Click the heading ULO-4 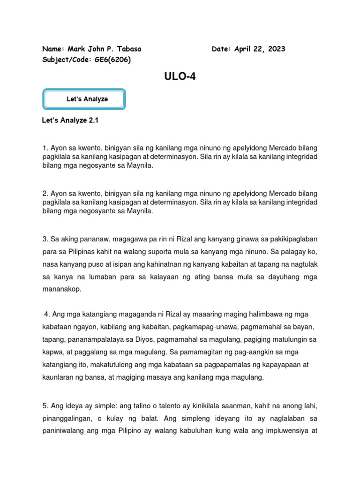[180, 77]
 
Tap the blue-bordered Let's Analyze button [84, 99]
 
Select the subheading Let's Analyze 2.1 [70, 120]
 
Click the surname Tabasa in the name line [127, 49]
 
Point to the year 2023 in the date [276, 49]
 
